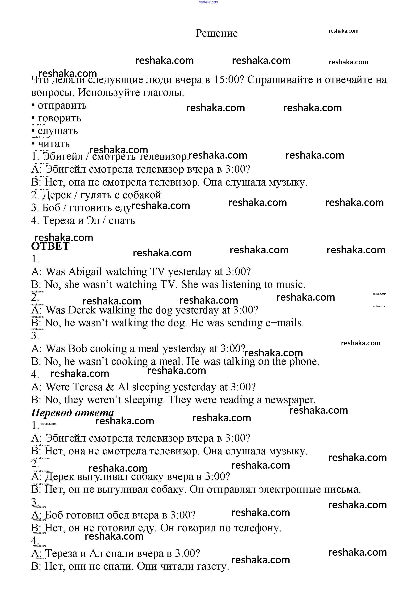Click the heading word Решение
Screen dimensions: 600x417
coord(217,33)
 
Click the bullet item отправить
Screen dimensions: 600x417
coord(62,105)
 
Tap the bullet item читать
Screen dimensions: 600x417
coord(54,144)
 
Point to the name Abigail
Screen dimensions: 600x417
coord(85,272)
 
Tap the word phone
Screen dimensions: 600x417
coord(304,362)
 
